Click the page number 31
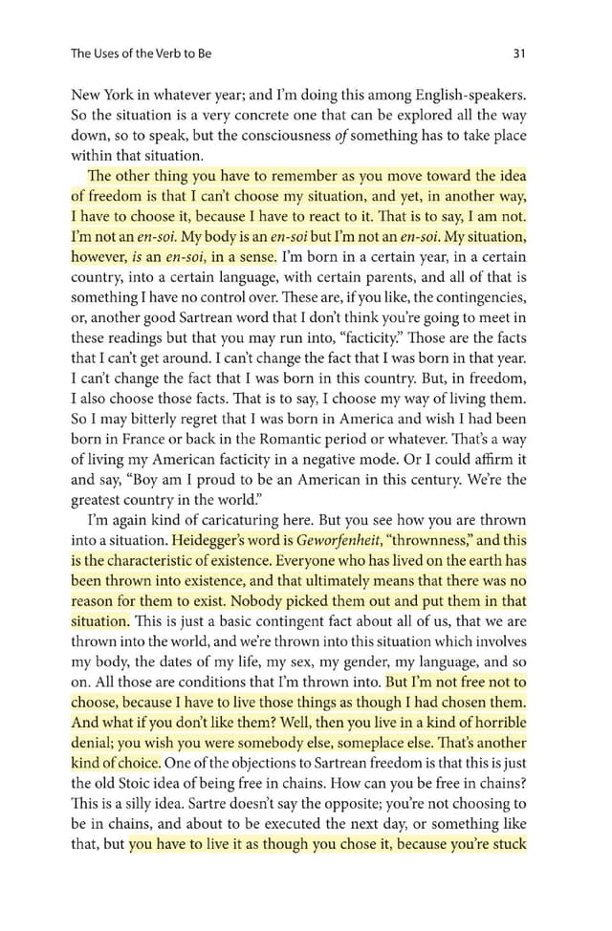[519, 54]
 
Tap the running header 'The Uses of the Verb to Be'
[142, 54]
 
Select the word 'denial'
[93, 743]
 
